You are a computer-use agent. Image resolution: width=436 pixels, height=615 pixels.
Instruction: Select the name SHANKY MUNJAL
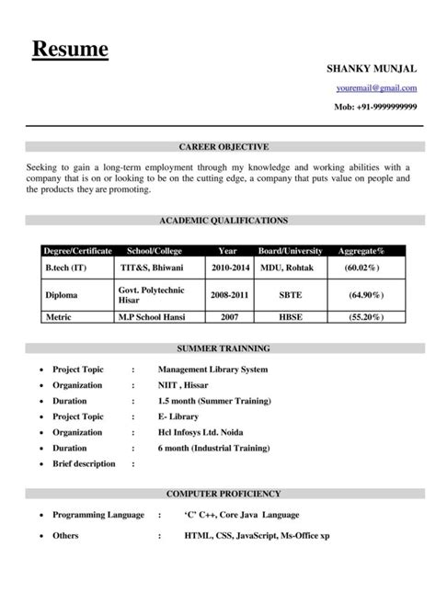click(373, 69)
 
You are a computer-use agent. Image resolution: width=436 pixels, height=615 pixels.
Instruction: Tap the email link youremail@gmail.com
click(376, 88)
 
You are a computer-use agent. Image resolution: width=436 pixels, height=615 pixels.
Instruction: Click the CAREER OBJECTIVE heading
click(224, 146)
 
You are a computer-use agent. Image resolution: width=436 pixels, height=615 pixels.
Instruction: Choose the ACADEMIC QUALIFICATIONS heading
click(224, 221)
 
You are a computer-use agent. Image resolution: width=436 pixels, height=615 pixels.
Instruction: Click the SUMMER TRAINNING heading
click(224, 349)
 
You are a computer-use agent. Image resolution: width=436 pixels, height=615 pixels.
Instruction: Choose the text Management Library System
click(212, 370)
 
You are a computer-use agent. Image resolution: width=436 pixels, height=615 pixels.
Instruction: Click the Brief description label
click(84, 463)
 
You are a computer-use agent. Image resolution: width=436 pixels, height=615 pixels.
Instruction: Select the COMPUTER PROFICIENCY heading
click(224, 494)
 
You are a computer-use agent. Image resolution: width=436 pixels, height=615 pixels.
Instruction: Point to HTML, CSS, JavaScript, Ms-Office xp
click(257, 534)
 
